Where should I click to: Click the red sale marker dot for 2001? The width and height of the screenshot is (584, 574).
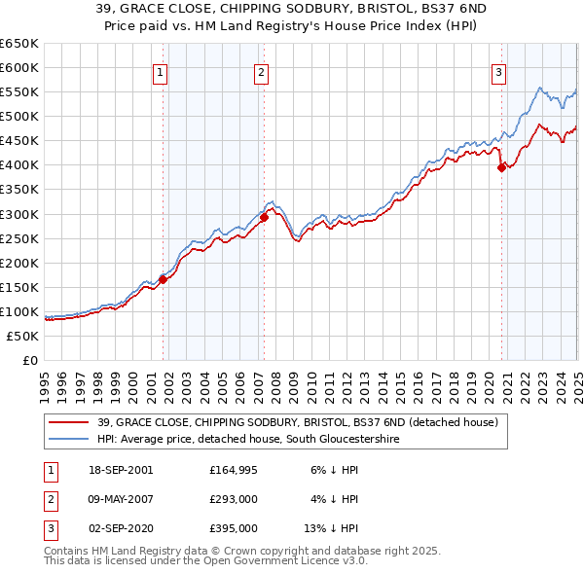pyautogui.click(x=164, y=279)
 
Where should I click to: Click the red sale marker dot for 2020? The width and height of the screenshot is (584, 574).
pyautogui.click(x=501, y=167)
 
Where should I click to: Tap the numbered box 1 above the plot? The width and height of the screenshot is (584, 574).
pyautogui.click(x=160, y=71)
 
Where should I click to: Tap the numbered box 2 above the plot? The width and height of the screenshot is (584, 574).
pyautogui.click(x=262, y=71)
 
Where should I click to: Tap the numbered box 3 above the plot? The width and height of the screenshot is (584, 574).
pyautogui.click(x=497, y=71)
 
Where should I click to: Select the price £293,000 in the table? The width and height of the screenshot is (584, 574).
pyautogui.click(x=233, y=499)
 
